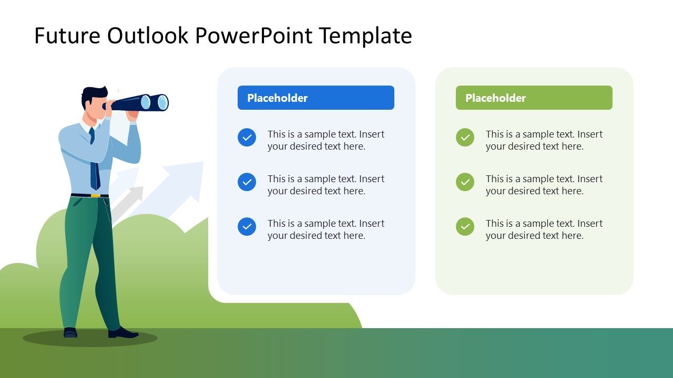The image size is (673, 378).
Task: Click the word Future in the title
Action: [x=67, y=36]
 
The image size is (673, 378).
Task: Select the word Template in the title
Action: [x=365, y=36]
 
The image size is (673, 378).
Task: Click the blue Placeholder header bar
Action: [x=315, y=98]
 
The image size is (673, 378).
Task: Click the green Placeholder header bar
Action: [x=534, y=98]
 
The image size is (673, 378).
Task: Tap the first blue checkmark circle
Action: [x=247, y=138]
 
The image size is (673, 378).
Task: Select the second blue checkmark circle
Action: [x=247, y=182]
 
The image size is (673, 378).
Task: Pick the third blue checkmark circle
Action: [x=247, y=227]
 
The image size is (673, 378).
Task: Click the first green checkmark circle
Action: [x=465, y=138]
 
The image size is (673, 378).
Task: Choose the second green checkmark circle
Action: [x=465, y=182]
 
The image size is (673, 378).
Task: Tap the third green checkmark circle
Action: [x=465, y=227]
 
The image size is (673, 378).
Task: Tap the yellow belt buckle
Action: [x=95, y=196]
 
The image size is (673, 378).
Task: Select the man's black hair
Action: [x=92, y=95]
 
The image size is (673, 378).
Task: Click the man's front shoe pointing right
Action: [x=124, y=333]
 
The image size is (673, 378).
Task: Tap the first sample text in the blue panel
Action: [x=325, y=140]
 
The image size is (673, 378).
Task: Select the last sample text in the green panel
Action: [x=544, y=229]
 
